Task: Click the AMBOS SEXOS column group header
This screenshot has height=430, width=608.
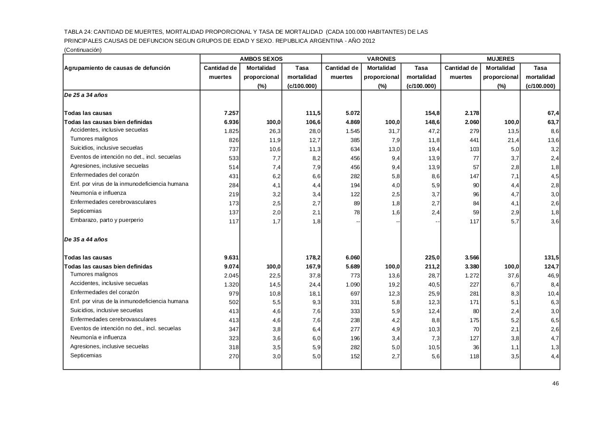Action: tap(261, 59)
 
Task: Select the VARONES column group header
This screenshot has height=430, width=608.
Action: tap(381, 59)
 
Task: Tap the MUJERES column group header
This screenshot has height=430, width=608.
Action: tap(500, 59)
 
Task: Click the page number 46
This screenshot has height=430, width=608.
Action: tap(555, 383)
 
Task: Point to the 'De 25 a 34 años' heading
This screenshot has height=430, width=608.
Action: tap(86, 95)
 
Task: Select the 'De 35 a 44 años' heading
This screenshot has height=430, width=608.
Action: tap(86, 239)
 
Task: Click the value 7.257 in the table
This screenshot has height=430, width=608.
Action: tap(231, 113)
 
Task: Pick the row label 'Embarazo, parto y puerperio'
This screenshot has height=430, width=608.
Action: tap(107, 220)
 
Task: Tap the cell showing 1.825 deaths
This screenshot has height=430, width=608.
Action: tap(231, 131)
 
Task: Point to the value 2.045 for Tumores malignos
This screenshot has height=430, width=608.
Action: tap(231, 276)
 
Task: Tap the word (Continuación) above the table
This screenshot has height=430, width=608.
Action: tap(83, 49)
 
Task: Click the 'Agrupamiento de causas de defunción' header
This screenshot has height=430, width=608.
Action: tap(117, 68)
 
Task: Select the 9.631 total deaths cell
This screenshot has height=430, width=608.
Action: tap(231, 258)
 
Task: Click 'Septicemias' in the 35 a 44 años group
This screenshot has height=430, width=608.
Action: tap(86, 355)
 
